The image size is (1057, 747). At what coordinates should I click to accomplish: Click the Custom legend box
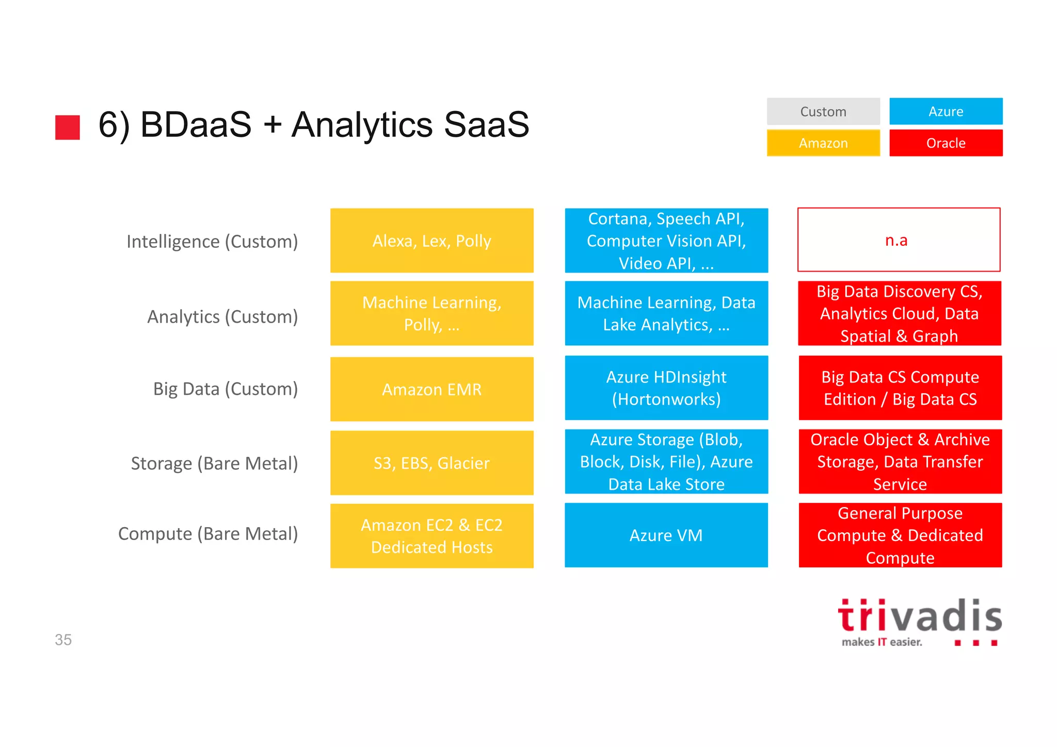[x=823, y=112]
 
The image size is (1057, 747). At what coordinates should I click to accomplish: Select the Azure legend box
[x=946, y=112]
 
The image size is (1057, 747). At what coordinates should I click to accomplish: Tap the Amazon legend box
[x=823, y=143]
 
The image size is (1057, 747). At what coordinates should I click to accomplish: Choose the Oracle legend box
[x=946, y=143]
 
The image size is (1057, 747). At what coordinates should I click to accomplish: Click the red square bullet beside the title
[x=68, y=127]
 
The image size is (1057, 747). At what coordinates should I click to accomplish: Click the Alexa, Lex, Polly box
[x=431, y=241]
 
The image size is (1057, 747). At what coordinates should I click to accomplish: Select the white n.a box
[x=899, y=240]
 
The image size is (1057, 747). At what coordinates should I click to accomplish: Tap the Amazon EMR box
[x=431, y=389]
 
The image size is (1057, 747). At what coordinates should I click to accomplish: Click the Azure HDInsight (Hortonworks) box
[x=666, y=388]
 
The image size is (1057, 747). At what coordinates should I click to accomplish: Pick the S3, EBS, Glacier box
[x=431, y=463]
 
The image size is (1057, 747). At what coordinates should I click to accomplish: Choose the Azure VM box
[x=666, y=535]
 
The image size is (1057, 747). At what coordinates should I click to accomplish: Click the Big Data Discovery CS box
[x=899, y=313]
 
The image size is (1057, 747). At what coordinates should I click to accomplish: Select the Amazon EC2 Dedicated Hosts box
[x=431, y=536]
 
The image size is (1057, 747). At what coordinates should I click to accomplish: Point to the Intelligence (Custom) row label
[x=212, y=242]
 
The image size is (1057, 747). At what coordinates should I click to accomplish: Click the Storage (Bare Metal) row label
[x=214, y=464]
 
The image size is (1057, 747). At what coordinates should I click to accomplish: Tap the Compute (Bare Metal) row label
[x=208, y=534]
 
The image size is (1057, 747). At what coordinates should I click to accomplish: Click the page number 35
[x=63, y=640]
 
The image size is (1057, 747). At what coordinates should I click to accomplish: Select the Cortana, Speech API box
[x=666, y=241]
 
